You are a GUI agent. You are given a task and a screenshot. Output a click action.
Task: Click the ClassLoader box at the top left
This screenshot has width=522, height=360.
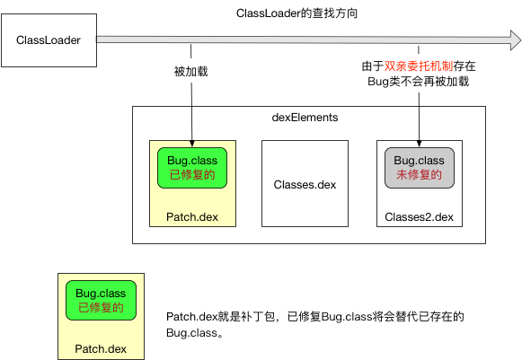point(49,40)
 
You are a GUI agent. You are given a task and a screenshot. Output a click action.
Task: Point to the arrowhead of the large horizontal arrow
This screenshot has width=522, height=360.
point(510,40)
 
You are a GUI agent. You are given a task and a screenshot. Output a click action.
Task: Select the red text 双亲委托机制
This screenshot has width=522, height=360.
point(417,66)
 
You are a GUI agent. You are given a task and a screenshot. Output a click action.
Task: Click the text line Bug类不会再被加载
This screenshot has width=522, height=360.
point(418,81)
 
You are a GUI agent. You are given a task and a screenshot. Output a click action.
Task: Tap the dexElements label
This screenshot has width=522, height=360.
point(305,118)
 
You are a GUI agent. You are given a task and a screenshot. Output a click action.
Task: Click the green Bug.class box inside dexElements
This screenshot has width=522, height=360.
point(191,168)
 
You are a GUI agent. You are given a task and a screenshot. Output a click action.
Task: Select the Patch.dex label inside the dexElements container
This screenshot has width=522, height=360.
point(191,217)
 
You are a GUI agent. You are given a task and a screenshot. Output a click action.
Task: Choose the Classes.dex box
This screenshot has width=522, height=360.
point(305,184)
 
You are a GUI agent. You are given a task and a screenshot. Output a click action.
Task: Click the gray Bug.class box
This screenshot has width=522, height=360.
point(419,168)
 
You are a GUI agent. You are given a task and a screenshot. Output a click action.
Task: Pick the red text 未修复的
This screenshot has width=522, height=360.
point(419,175)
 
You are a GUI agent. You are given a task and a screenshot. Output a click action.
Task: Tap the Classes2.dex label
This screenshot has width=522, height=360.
point(419,217)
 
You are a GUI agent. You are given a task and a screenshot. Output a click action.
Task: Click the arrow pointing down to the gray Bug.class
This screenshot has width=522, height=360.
point(419,117)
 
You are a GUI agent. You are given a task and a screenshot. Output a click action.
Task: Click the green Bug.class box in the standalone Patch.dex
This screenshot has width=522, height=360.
point(100,301)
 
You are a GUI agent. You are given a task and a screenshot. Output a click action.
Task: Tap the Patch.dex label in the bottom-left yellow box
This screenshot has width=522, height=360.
point(100,348)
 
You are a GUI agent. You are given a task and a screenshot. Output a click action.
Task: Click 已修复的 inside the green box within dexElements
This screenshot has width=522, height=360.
point(191,175)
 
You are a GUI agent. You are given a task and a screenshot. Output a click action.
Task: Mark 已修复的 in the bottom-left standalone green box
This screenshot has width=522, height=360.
point(100,308)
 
